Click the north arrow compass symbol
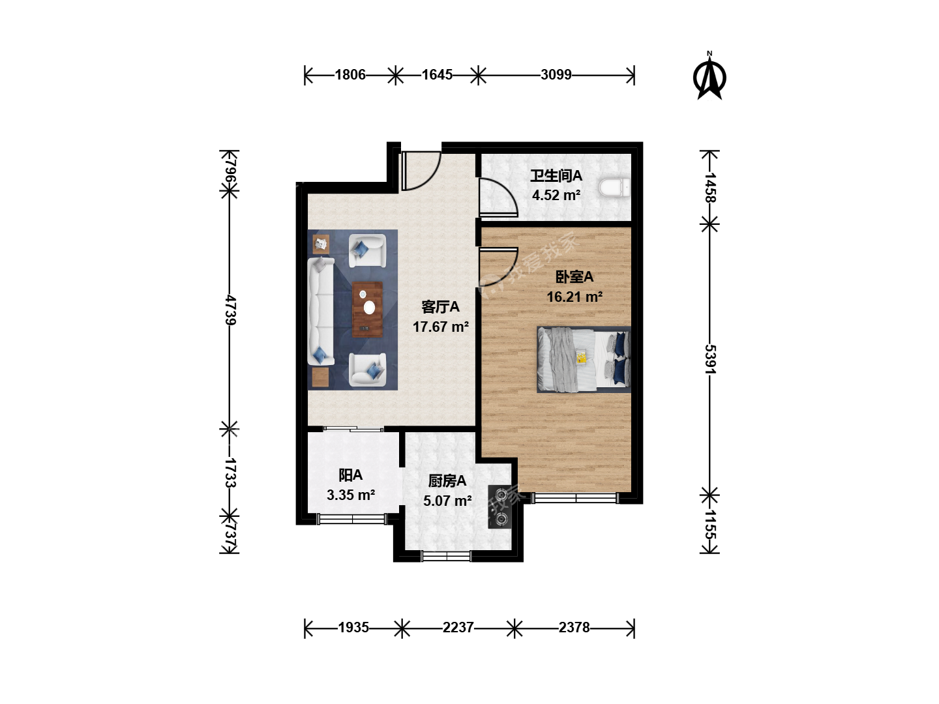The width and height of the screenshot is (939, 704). click(709, 76)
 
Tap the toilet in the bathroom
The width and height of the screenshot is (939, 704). click(614, 188)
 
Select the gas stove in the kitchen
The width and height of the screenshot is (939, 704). click(499, 507)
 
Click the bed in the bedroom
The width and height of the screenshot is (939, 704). click(584, 359)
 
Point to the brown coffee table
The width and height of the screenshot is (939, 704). click(368, 310)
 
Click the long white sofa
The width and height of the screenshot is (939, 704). click(321, 311)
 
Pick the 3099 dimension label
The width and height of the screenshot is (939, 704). click(556, 75)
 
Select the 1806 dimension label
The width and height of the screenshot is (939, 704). click(350, 75)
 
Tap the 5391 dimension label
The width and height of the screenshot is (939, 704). click(710, 359)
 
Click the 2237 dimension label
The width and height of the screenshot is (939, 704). click(458, 628)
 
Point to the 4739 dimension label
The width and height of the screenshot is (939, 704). click(230, 310)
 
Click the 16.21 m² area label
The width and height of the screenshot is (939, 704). click(574, 297)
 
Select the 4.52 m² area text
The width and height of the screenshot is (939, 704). click(556, 196)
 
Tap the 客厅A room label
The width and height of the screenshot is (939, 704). click(440, 307)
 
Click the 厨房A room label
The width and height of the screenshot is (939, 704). click(447, 481)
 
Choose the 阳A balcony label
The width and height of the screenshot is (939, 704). click(350, 475)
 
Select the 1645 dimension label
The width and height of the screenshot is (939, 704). click(437, 75)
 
